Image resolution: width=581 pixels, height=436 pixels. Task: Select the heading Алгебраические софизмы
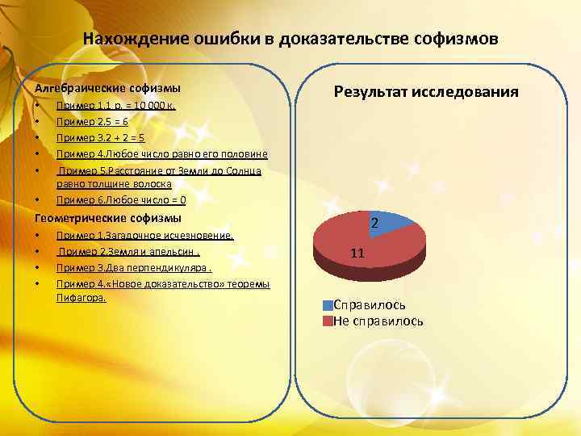(107, 87)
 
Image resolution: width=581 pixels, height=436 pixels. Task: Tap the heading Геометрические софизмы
(108, 218)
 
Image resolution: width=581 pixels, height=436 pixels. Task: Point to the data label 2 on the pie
(374, 222)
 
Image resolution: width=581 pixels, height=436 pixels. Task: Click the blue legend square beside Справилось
(327, 305)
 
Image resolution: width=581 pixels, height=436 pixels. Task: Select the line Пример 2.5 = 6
(92, 122)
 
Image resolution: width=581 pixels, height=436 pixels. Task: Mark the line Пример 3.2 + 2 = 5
(100, 137)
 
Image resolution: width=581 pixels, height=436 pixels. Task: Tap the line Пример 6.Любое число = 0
(121, 199)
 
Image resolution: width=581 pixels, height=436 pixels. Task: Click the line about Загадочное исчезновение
(144, 236)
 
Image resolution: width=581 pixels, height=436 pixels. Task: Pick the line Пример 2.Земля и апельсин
(128, 252)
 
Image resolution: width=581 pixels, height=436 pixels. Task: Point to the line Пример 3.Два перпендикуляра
(134, 268)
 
